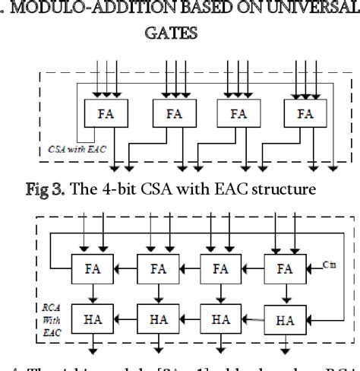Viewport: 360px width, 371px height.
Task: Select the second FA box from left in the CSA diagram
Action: pyautogui.click(x=175, y=114)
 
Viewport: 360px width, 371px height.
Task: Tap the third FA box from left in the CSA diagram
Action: pyautogui.click(x=238, y=114)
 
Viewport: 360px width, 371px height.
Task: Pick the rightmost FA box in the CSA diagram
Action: pyautogui.click(x=305, y=114)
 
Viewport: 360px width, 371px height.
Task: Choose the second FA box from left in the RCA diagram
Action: pyautogui.click(x=157, y=268)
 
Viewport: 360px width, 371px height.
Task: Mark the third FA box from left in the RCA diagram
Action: pyautogui.click(x=221, y=268)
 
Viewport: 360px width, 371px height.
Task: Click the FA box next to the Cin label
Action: pyautogui.click(x=286, y=268)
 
